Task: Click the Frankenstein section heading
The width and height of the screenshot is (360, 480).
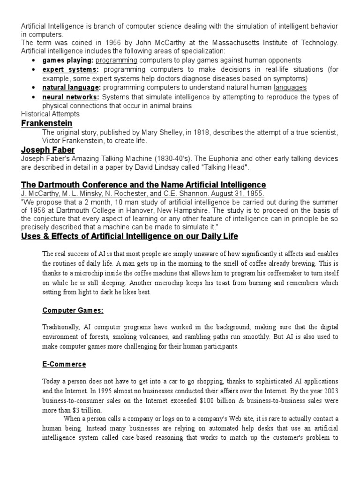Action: tap(47, 123)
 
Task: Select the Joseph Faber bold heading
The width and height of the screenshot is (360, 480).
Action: tap(48, 150)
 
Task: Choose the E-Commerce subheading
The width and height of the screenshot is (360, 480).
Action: tap(64, 364)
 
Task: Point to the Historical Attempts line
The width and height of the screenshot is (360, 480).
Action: tap(50, 114)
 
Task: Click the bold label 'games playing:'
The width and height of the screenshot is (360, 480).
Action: tap(68, 60)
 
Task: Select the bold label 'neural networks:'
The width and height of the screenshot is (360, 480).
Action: tap(71, 97)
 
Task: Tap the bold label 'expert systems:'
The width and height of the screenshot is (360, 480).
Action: tap(71, 70)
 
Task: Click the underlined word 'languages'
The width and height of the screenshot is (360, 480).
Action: tap(290, 88)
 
